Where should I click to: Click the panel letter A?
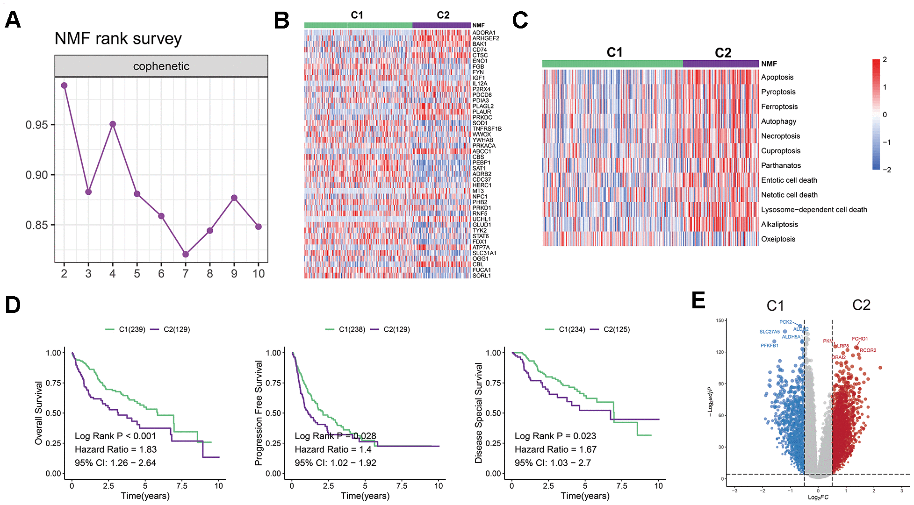13,20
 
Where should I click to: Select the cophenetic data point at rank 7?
186,254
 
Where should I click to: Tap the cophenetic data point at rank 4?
113,124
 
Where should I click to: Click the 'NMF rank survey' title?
118,38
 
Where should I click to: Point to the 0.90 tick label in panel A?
36,175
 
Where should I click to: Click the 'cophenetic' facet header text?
161,66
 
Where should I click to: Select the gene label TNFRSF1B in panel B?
487,129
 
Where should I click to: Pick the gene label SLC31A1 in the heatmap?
484,253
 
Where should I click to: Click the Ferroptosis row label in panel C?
779,107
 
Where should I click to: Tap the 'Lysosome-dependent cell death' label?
814,210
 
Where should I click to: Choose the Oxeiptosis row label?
778,239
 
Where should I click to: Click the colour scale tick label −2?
886,170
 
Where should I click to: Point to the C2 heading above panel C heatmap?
723,53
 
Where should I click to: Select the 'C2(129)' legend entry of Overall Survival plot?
176,329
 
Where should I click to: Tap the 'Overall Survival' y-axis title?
39,413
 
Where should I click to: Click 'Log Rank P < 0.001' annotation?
115,436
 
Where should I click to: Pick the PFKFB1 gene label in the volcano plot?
769,346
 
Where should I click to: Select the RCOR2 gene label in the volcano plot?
868,350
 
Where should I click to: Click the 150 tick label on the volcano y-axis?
720,320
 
